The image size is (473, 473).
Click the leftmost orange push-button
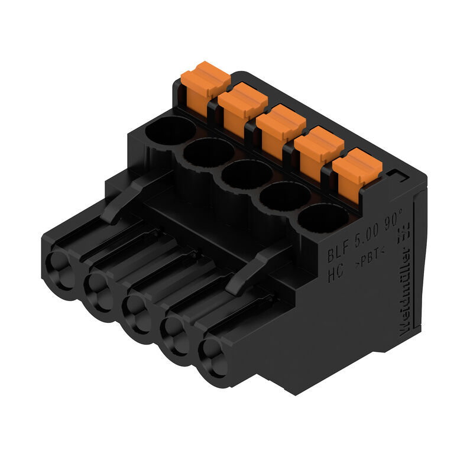204,83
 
